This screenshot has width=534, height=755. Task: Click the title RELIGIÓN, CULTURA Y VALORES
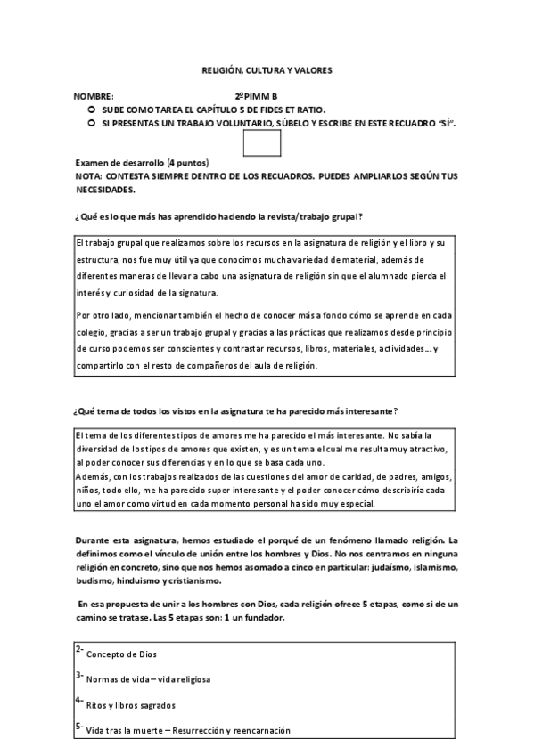[267, 69]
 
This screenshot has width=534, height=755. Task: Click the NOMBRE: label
[94, 96]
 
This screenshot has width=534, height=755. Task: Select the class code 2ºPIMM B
[257, 96]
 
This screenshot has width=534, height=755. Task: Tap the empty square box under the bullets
[262, 142]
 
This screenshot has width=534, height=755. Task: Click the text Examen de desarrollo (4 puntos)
[142, 163]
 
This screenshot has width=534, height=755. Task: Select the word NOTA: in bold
[90, 176]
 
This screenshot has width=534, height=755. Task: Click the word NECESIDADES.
[106, 189]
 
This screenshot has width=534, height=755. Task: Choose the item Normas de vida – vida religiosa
[148, 680]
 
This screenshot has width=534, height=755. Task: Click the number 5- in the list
[79, 727]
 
